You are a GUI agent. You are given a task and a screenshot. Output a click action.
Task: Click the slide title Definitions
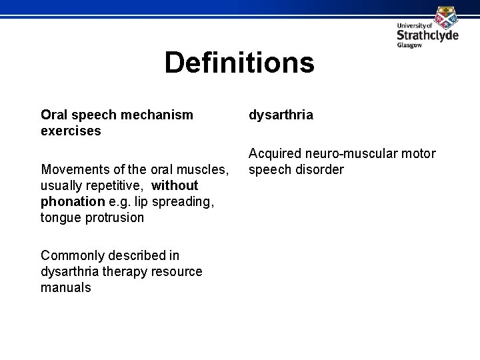239,63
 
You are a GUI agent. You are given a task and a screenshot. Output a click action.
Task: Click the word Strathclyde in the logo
427,35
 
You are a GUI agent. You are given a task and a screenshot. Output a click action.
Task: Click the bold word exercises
71,131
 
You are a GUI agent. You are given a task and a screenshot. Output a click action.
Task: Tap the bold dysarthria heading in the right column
281,115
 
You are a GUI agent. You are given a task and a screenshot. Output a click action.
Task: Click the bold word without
175,185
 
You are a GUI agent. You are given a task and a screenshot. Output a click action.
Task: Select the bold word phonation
72,201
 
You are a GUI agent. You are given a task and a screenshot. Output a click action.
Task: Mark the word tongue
61,217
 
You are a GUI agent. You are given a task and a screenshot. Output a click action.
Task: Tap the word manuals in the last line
65,287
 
